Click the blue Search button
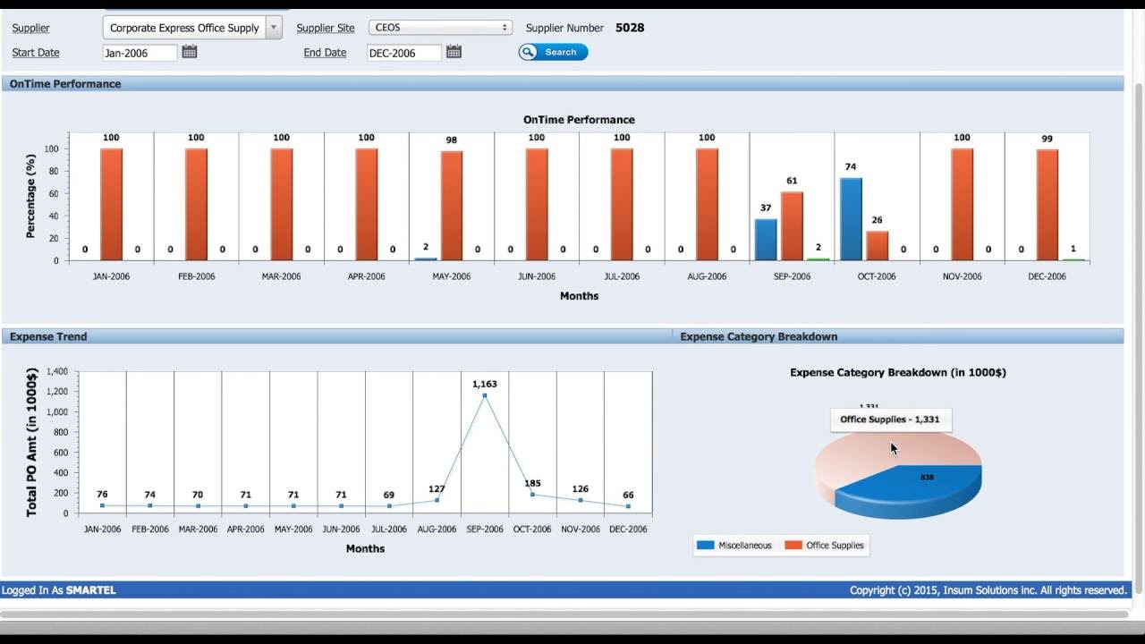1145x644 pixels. (554, 52)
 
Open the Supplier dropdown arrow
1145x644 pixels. (274, 28)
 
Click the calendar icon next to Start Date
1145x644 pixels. (190, 52)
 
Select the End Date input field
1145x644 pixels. (404, 53)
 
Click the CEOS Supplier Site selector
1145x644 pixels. (441, 28)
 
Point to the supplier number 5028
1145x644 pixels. (630, 28)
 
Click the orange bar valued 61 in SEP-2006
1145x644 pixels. (792, 225)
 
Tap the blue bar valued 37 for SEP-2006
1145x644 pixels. (766, 240)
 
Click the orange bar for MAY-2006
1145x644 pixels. (452, 206)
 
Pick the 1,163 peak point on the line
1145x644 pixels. (485, 395)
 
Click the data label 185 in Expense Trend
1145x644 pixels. (532, 484)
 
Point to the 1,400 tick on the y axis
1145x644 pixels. (56, 371)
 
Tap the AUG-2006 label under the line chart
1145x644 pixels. (437, 530)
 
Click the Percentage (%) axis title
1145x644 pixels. (30, 196)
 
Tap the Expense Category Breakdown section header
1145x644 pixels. (759, 336)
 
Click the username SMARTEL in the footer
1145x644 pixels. (91, 590)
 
